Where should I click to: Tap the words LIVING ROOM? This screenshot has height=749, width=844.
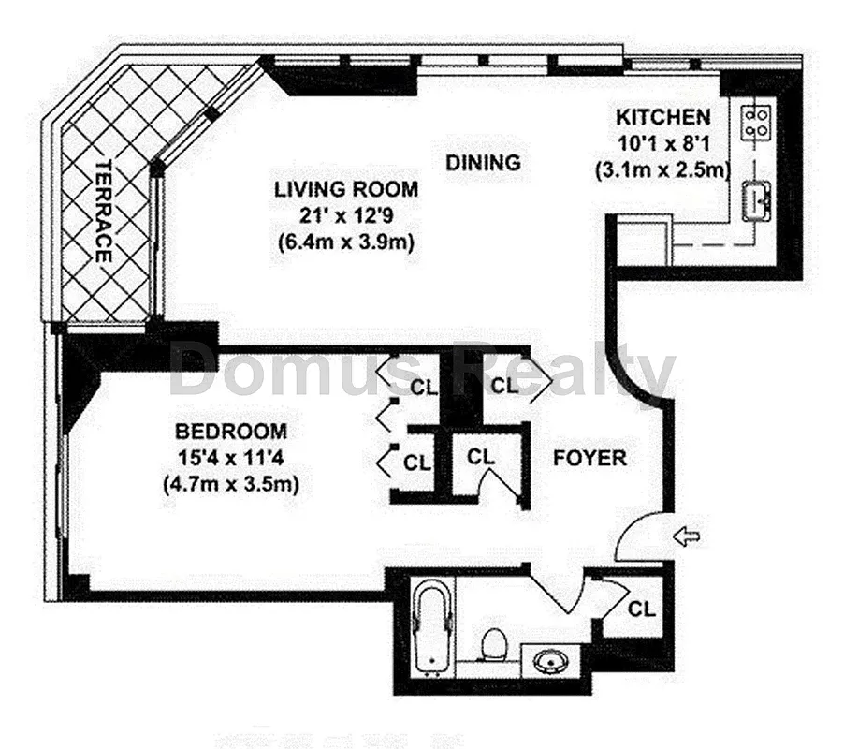point(345,189)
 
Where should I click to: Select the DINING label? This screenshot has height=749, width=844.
point(483,162)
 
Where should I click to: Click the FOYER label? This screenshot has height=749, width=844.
point(589,458)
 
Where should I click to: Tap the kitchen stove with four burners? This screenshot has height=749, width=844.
point(756,120)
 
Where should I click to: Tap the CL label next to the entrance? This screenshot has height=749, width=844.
point(641,608)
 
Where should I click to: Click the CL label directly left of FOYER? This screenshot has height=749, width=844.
point(480,457)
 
